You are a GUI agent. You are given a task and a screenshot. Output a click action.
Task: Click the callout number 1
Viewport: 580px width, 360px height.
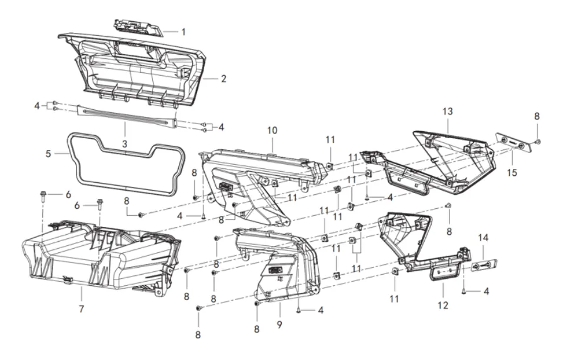183,31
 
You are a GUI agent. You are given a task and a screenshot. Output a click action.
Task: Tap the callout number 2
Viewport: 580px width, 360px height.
224,78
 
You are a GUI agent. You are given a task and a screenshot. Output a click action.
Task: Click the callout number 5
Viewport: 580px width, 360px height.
49,154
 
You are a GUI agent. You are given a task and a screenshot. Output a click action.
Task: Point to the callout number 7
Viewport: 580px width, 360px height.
81,308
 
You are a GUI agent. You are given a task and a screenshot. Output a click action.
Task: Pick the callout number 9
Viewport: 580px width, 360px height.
279,324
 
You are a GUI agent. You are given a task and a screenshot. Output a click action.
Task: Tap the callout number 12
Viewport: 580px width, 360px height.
443,305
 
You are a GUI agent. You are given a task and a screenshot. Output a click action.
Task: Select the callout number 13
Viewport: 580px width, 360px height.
448,111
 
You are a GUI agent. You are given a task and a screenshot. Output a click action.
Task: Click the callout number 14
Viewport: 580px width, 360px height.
484,237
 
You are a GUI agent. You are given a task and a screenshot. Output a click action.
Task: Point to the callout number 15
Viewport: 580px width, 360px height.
512,174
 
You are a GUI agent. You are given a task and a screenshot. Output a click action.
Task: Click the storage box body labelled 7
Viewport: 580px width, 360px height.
94,259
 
